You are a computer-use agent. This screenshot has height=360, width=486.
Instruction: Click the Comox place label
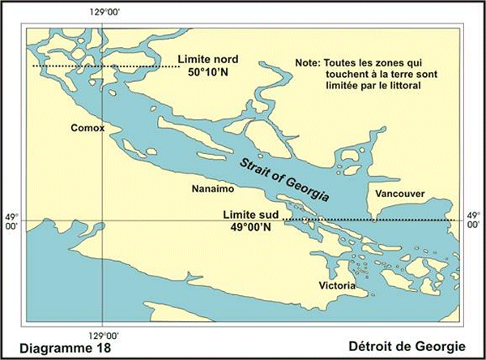[x=87, y=127]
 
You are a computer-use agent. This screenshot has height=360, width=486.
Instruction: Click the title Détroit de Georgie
[x=411, y=348]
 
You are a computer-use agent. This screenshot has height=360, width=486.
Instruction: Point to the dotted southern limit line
[x=364, y=220]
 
